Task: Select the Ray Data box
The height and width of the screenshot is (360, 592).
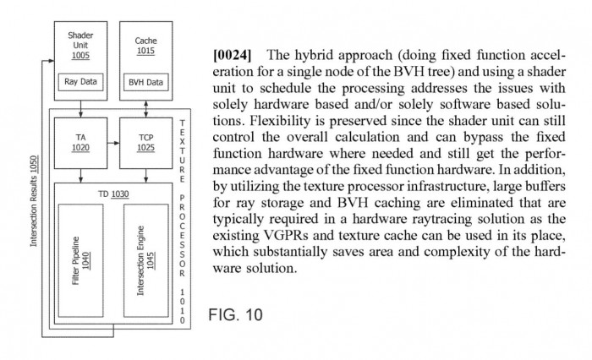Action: coord(80,82)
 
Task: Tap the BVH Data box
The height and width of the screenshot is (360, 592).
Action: coord(146,82)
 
